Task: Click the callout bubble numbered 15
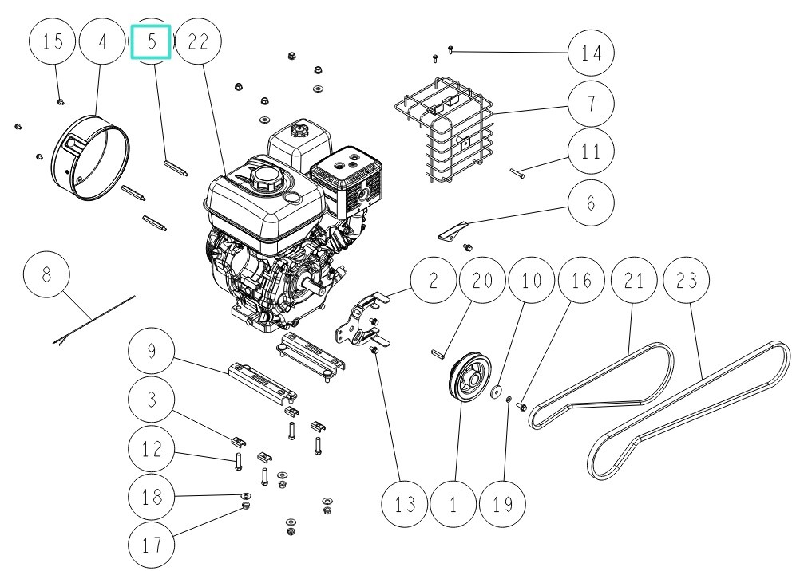point(53,42)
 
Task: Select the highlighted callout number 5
point(152,41)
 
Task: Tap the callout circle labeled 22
point(198,42)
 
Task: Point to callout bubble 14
point(592,53)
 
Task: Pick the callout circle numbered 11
point(592,151)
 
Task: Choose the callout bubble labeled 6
point(592,203)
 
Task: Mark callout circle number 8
point(46,275)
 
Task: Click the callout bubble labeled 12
point(152,449)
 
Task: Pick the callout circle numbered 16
point(582,281)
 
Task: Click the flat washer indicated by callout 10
point(497,392)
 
